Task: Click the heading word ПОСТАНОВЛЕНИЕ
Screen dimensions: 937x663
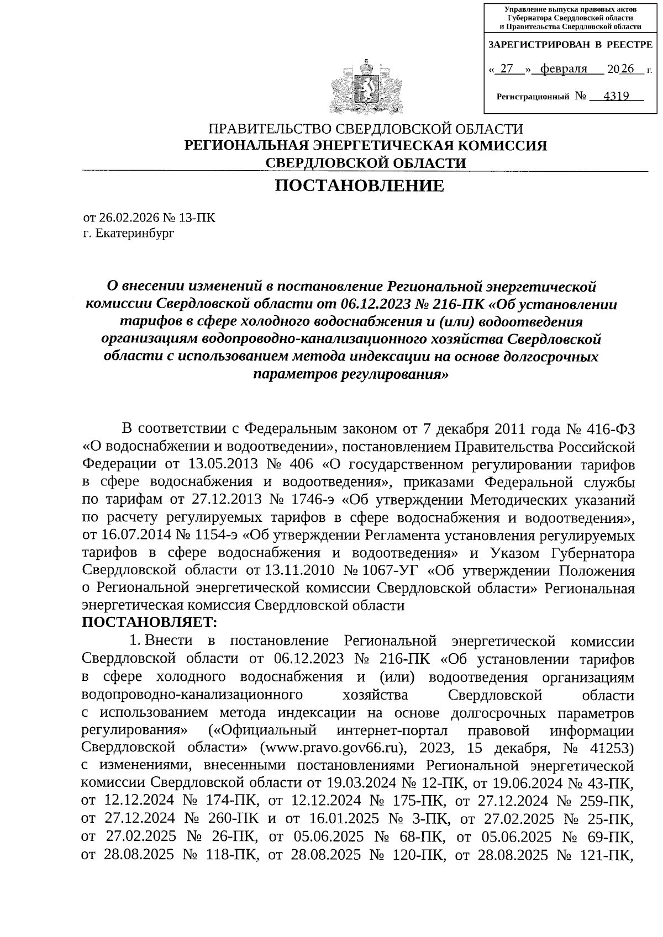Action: (x=360, y=186)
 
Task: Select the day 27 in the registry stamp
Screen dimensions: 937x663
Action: (x=506, y=69)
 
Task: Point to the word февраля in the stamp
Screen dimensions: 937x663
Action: (x=564, y=69)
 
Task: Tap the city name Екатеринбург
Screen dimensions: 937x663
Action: (x=135, y=233)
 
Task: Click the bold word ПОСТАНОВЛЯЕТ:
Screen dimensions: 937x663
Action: (x=150, y=622)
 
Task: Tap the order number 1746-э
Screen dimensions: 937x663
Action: (x=311, y=500)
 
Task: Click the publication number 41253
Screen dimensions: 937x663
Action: (x=602, y=748)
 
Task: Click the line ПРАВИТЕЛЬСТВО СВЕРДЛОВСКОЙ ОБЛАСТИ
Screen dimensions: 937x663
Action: (x=365, y=129)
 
